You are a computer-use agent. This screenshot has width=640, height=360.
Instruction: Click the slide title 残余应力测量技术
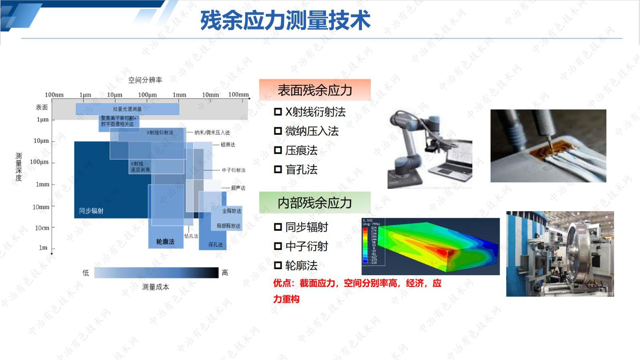tap(285, 20)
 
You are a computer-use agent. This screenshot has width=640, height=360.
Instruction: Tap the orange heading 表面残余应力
tap(315, 90)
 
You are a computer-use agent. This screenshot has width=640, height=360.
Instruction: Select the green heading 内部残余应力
tap(315, 203)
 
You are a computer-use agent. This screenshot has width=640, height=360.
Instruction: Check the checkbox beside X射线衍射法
tap(278, 112)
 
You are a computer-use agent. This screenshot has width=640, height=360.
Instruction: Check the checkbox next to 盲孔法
tap(278, 170)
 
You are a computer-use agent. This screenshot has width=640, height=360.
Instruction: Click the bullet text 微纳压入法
tap(312, 131)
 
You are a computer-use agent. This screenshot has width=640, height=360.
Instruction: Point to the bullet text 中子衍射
tap(306, 246)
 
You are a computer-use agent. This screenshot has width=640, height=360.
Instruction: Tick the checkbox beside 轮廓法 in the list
tap(278, 266)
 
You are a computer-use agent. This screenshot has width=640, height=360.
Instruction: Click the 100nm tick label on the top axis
tap(54, 95)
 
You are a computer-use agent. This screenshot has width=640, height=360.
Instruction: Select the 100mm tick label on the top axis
tap(238, 94)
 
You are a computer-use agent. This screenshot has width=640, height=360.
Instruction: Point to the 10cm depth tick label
tap(42, 228)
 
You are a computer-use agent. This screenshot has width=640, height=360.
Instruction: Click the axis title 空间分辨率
tap(145, 80)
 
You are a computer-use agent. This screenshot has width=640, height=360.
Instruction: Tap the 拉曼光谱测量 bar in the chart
tap(127, 109)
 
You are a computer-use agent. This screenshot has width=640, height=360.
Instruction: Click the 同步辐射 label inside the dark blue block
tap(91, 211)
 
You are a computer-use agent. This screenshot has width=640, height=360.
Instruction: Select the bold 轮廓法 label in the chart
tap(165, 242)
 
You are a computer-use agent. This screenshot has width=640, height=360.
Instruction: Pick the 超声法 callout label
tap(238, 188)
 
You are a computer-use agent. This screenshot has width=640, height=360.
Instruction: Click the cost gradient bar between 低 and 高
tap(156, 273)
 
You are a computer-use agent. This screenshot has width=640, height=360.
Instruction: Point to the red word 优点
tap(282, 283)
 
